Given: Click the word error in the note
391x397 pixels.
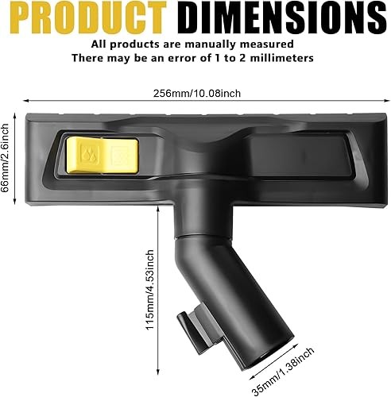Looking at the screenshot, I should pyautogui.click(x=180, y=58).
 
